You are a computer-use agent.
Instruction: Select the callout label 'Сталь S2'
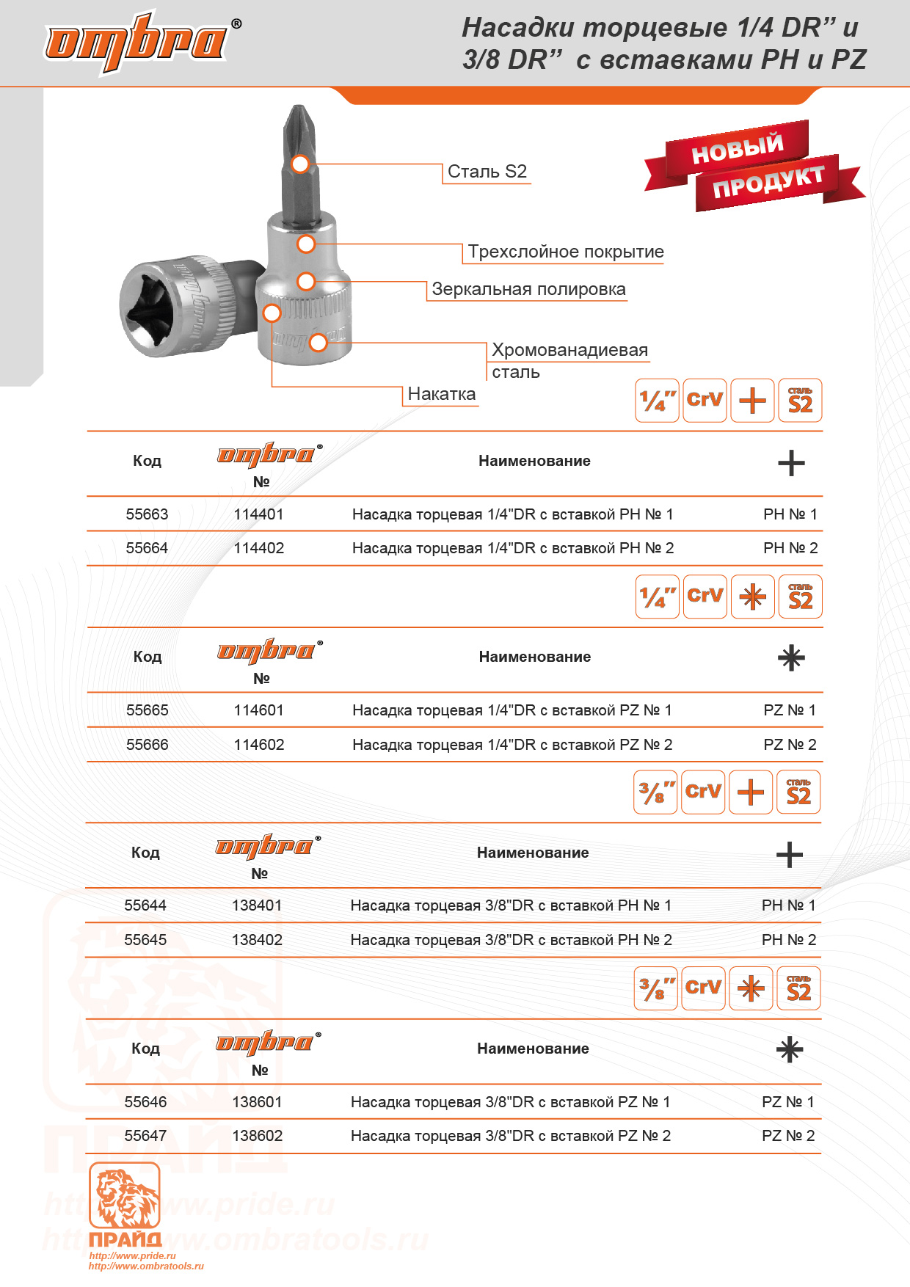pyautogui.click(x=487, y=172)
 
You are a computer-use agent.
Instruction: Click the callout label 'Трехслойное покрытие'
pyautogui.click(x=565, y=252)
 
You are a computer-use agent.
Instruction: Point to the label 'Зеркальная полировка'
pyautogui.click(x=528, y=289)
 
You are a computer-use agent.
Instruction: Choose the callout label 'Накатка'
pyautogui.click(x=441, y=394)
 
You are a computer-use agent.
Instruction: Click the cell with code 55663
pyautogui.click(x=147, y=514)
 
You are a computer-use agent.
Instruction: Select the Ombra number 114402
pyautogui.click(x=258, y=548)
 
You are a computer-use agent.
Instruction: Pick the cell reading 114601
pyautogui.click(x=258, y=710)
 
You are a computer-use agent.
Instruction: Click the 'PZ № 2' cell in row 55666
pyautogui.click(x=790, y=745)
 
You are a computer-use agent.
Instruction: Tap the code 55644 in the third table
pyautogui.click(x=145, y=905)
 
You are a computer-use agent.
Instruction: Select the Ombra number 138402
pyautogui.click(x=257, y=940)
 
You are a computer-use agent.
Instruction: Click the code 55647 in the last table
pyautogui.click(x=145, y=1136)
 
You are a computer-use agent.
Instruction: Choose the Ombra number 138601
pyautogui.click(x=257, y=1102)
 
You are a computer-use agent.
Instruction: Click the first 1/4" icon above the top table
pyautogui.click(x=657, y=401)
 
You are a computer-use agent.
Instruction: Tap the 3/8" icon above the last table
pyautogui.click(x=655, y=988)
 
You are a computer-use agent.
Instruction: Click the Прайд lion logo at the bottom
pyautogui.click(x=125, y=1196)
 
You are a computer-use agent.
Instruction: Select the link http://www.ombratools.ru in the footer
pyautogui.click(x=146, y=1266)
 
